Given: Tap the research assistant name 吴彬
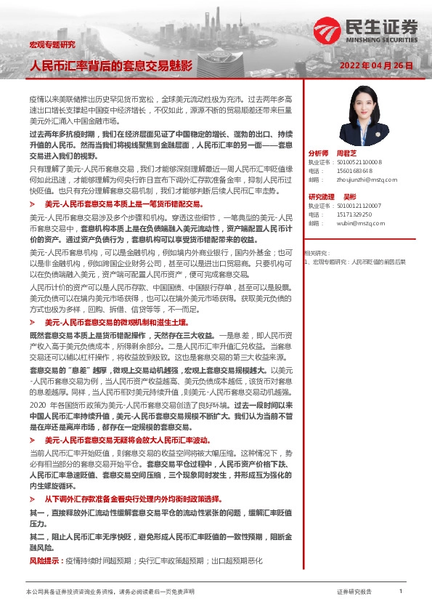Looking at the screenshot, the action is pyautogui.click(x=350, y=196).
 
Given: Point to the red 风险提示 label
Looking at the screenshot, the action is pyautogui.click(x=45, y=562).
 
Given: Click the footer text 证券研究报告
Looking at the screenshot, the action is pyautogui.click(x=354, y=592).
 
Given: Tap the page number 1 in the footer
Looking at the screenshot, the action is pyautogui.click(x=401, y=592).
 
